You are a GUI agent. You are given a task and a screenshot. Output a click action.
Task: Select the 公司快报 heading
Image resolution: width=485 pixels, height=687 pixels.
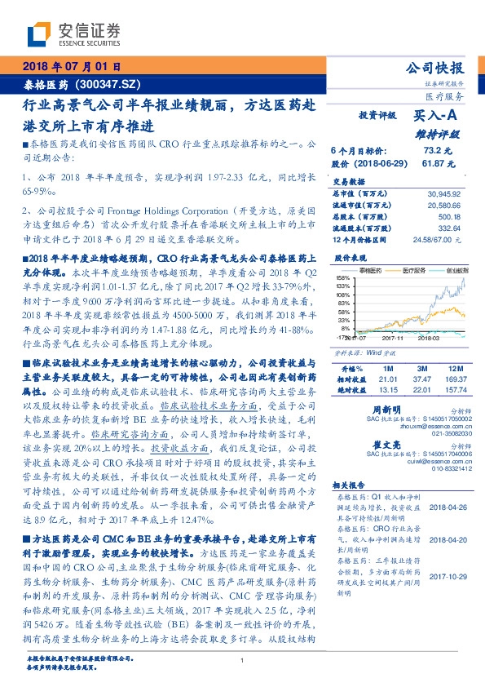coord(439,69)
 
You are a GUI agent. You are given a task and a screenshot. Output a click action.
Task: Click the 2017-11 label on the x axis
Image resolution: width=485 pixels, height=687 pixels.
coord(393,336)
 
